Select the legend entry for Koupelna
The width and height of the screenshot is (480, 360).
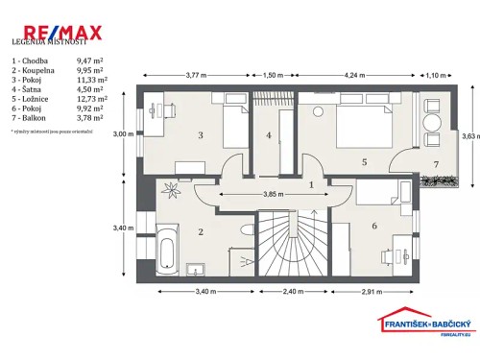coord(30,70)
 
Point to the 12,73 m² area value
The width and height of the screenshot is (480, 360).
coord(91,97)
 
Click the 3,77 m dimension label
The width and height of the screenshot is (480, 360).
coord(196,74)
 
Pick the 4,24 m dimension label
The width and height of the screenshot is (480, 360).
coord(354,74)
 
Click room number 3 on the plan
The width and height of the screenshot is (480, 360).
coord(200,135)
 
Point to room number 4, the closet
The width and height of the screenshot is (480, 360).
coord(270,135)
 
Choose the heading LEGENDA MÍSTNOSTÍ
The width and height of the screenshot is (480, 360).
coord(49,43)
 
